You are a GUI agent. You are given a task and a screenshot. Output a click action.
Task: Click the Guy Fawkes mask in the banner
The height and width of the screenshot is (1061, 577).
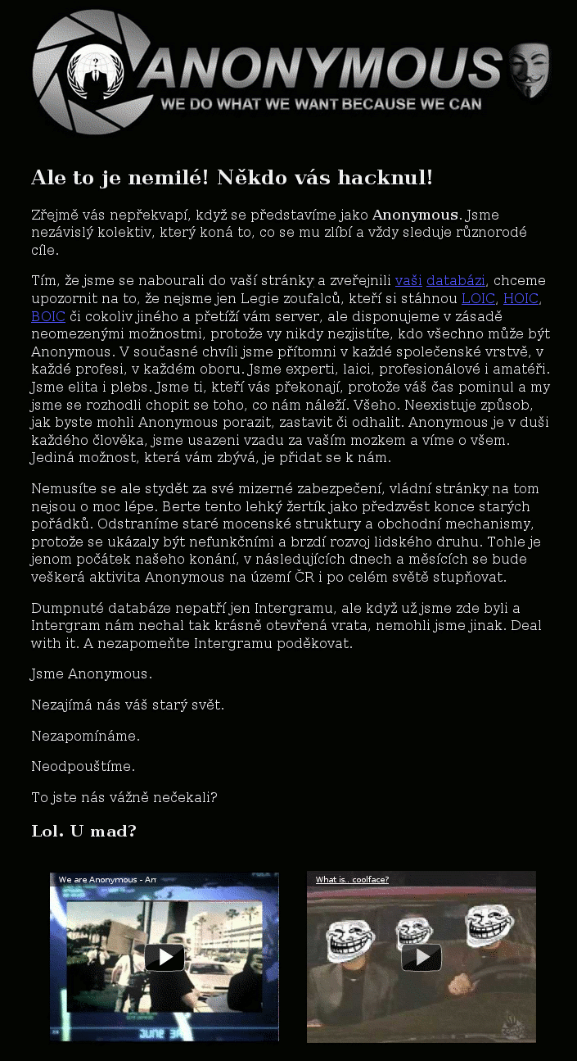(x=530, y=71)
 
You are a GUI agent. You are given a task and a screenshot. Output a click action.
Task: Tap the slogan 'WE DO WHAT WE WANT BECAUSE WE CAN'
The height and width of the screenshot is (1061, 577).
(x=321, y=105)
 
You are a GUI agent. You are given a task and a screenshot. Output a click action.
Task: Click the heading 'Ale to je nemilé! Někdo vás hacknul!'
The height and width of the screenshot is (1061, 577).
(x=232, y=179)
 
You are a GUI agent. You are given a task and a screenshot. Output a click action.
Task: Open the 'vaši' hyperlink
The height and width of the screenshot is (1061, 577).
(x=408, y=280)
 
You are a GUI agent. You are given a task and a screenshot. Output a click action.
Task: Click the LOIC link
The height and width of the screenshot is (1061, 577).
(x=478, y=298)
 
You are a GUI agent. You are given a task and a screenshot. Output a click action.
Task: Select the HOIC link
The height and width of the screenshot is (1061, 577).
(x=521, y=298)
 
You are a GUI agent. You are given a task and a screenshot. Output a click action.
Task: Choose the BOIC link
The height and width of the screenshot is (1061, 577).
(x=48, y=316)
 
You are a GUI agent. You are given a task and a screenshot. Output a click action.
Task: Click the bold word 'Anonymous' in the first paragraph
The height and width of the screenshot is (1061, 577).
(x=415, y=215)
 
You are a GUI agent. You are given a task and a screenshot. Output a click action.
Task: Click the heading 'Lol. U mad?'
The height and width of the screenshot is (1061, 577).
(x=83, y=832)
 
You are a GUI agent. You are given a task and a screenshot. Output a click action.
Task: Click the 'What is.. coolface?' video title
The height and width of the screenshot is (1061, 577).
(x=352, y=880)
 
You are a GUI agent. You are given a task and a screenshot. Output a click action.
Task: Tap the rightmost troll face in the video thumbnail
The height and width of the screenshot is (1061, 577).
(x=489, y=924)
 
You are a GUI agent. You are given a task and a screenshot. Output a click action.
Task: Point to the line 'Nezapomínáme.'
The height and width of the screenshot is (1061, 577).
(x=85, y=736)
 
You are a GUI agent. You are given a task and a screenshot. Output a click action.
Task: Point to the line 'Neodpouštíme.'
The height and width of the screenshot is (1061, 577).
(x=83, y=767)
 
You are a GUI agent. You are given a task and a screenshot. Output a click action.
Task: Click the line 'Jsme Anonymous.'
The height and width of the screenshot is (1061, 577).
(x=92, y=674)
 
